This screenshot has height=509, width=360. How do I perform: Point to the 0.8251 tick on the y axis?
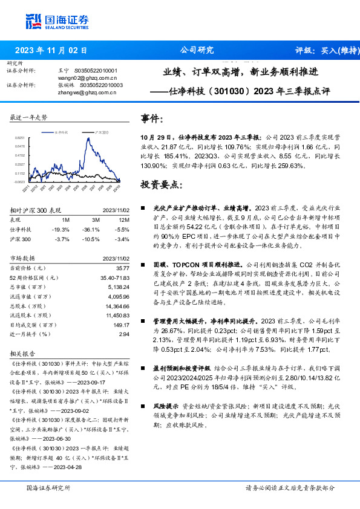click(20, 138)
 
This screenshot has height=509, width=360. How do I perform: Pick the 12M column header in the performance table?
click(124, 219)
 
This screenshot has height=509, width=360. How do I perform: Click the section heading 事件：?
click(152, 119)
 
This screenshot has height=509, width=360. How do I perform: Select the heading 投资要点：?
click(160, 184)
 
